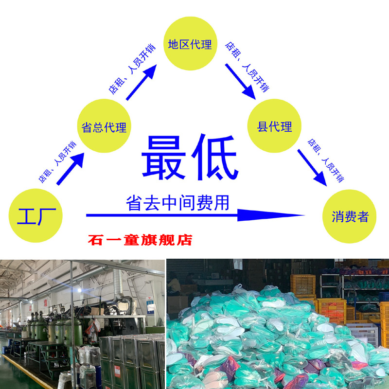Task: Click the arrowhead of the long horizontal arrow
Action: point(272,215)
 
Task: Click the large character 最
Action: point(164,157)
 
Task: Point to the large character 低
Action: point(214,157)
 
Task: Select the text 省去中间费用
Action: point(177,202)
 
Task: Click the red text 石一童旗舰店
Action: point(141,240)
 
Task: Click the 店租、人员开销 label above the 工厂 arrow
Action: point(57,161)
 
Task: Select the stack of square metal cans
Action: point(131,360)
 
